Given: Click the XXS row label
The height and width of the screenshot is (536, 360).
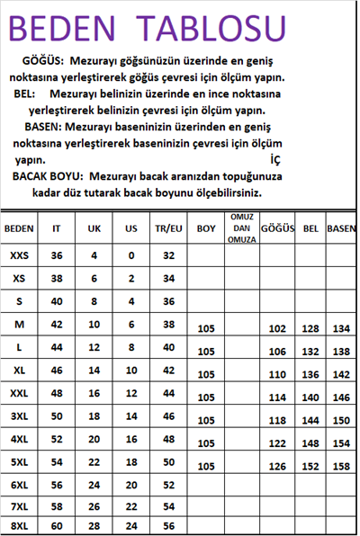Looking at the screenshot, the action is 19,255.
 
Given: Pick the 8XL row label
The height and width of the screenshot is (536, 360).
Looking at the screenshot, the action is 19,525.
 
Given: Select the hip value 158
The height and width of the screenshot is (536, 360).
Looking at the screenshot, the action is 340,466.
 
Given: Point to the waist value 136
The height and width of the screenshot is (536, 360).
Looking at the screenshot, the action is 310,374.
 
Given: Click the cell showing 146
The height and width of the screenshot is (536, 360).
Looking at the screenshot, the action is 340,397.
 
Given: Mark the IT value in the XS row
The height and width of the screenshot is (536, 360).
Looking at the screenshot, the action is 57,278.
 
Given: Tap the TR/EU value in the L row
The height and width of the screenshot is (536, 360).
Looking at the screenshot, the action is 168,346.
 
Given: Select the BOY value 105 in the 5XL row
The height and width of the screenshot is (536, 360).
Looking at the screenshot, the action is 206,466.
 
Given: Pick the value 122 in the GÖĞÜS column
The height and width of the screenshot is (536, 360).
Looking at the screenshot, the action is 277,443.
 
